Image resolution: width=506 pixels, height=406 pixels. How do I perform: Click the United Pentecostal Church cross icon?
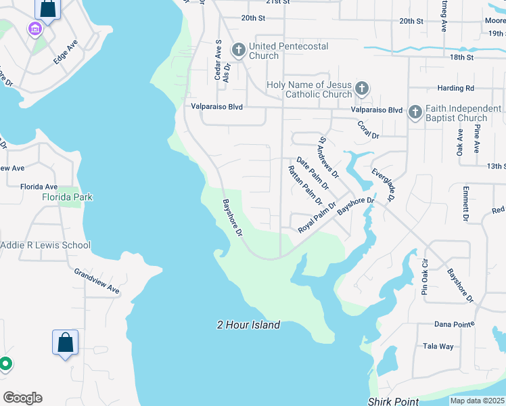point(238,49)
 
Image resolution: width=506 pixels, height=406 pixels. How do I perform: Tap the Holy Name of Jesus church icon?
point(362,88)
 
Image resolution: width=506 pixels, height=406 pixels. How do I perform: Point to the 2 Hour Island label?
point(248,325)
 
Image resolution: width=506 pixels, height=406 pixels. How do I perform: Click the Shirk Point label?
point(394,401)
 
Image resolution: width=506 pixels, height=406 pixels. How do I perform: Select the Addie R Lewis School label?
point(45,245)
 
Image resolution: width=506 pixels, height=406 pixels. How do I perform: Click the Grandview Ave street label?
point(97,281)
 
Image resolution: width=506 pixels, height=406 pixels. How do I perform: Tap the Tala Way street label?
point(438,346)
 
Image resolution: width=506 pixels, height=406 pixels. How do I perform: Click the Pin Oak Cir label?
point(425,277)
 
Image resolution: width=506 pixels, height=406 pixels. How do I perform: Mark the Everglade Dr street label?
point(383,184)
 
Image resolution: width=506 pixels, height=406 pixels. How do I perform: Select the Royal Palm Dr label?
point(317,217)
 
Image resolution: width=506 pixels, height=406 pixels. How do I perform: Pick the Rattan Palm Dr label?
point(305,185)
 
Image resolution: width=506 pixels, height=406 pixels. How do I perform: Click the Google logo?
point(22,398)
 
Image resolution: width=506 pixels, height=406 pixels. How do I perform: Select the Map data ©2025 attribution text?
point(477,401)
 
